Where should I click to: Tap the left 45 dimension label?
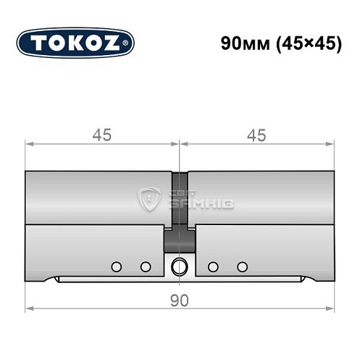[103, 135]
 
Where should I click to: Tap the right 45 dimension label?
[256, 135]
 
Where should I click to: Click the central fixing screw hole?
[179, 266]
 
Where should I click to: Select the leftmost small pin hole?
[115, 266]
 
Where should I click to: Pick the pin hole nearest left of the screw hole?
[146, 266]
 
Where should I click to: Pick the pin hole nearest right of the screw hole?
[212, 266]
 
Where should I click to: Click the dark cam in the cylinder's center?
[179, 235]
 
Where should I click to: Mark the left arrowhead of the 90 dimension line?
[29, 310]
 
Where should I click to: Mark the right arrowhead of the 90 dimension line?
[333, 310]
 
